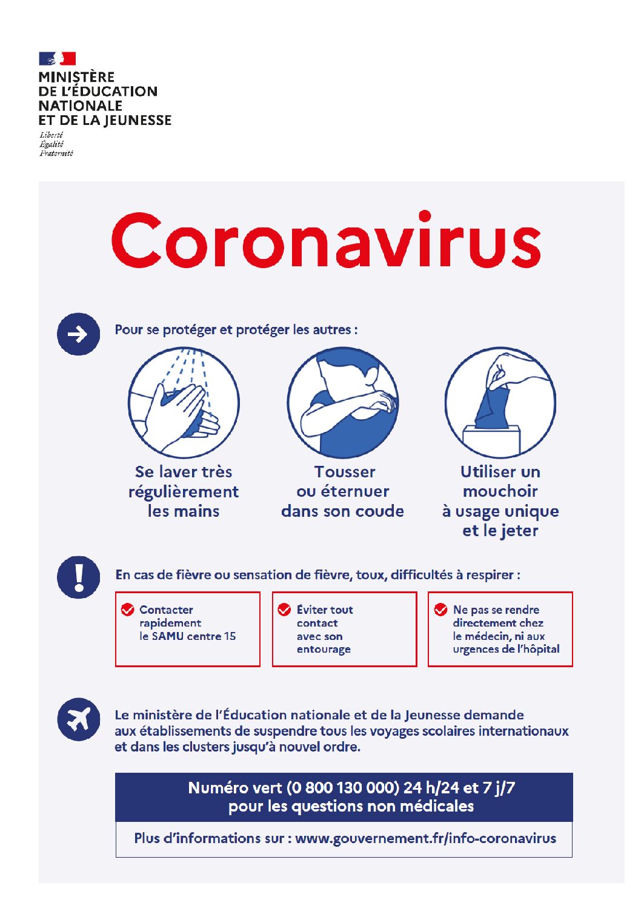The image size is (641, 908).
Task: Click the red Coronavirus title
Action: point(326,240)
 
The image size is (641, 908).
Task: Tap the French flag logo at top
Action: point(58,58)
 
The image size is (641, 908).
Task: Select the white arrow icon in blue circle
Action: point(78,334)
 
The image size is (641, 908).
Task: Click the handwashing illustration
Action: point(184,402)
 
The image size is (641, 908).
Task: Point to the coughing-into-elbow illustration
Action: point(342,402)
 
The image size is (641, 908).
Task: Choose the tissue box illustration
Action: point(500,402)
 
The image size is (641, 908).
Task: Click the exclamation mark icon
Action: point(78,577)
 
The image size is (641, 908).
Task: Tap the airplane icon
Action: point(78,719)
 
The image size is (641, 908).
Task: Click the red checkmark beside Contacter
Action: point(127,610)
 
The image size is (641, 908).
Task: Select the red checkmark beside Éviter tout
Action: point(284,610)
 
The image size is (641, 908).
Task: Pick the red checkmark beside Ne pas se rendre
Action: point(440,610)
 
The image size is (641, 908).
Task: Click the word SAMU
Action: point(168,636)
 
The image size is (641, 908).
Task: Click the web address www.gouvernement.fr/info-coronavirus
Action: point(425,838)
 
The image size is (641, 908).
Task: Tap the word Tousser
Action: point(345,472)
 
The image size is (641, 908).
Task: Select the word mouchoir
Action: point(500,491)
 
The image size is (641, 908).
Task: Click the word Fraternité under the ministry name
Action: point(56,153)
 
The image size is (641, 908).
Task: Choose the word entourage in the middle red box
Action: point(324,650)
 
